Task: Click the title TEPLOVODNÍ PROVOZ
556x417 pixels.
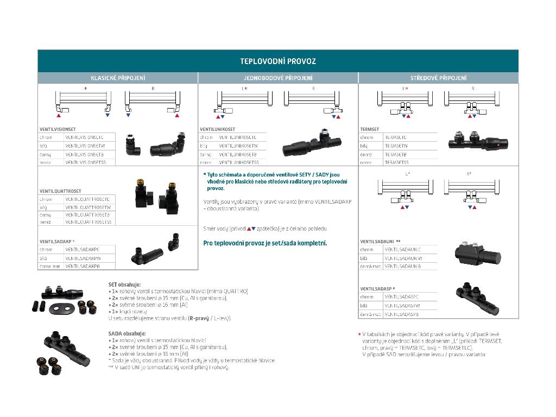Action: [278, 61]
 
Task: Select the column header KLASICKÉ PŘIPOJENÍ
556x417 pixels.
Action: [117, 78]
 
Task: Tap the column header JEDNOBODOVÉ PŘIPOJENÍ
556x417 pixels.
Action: [278, 78]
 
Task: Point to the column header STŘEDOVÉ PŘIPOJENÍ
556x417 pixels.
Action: [438, 78]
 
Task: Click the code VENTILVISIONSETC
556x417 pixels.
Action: [91, 137]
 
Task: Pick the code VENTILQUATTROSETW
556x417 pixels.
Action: [88, 207]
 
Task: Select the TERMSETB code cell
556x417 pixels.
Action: [396, 155]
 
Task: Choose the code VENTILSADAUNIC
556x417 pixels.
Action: [402, 249]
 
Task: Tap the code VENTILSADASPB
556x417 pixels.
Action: [401, 314]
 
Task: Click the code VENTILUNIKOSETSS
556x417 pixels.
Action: [239, 162]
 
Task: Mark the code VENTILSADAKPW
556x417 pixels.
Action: [83, 258]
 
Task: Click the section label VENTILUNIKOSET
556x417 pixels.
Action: [218, 129]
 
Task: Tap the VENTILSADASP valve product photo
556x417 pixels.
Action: [476, 299]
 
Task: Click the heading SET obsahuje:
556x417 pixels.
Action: [124, 284]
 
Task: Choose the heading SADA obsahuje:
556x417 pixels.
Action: [127, 333]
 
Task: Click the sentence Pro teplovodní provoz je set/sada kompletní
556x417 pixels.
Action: [265, 243]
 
